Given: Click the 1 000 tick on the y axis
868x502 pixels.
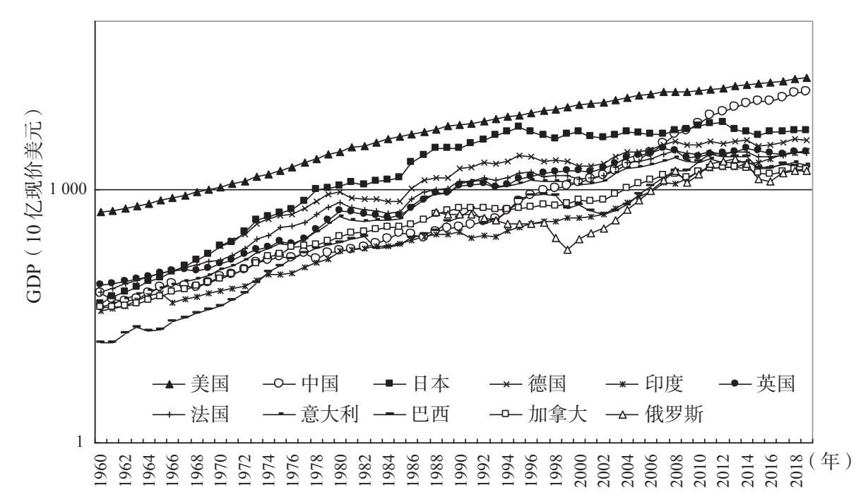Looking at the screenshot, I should pos(70,190).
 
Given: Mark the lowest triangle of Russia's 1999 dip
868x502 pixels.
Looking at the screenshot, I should pos(567,250).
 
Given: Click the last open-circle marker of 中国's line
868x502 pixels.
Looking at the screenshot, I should pos(806,90).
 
